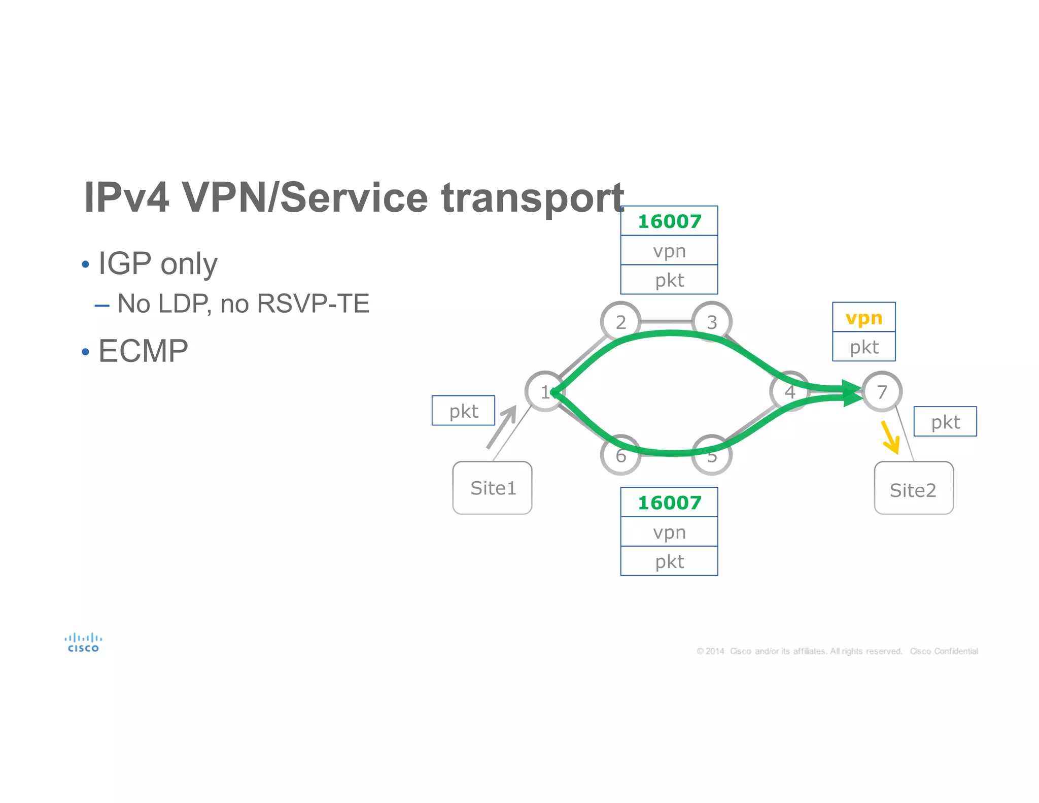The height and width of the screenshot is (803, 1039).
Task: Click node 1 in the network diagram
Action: (x=544, y=391)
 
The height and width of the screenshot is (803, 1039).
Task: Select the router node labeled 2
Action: (x=620, y=322)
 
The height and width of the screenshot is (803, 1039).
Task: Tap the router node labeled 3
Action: (x=712, y=322)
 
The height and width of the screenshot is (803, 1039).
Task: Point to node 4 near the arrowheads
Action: (x=789, y=391)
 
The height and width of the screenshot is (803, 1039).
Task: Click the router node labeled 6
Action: (x=620, y=455)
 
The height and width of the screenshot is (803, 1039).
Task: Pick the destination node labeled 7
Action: (x=882, y=391)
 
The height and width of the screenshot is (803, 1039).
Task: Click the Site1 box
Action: (x=492, y=488)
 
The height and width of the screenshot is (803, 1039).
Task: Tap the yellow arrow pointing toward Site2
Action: (x=890, y=437)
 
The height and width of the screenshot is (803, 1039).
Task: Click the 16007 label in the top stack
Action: (x=669, y=221)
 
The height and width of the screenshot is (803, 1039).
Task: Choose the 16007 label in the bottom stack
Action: (x=669, y=503)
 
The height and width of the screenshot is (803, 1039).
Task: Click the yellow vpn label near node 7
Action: (x=863, y=318)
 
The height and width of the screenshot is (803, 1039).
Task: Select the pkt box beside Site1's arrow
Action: (x=463, y=411)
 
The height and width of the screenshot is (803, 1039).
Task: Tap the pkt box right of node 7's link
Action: (x=945, y=421)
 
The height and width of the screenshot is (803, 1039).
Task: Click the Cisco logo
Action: (x=83, y=643)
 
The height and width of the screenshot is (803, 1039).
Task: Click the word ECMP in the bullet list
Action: (x=143, y=351)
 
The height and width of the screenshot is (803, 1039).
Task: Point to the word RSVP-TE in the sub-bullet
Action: (x=313, y=304)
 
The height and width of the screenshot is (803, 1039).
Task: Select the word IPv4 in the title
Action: (x=126, y=197)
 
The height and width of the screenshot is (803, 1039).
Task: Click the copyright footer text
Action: (x=837, y=651)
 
